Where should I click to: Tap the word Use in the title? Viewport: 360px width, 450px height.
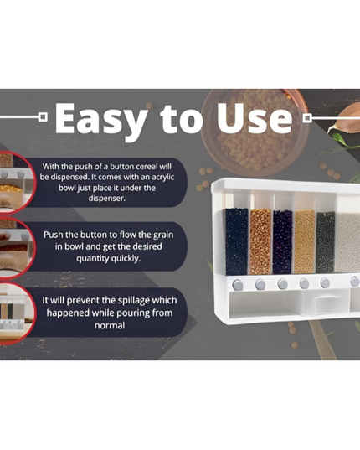click(x=255, y=118)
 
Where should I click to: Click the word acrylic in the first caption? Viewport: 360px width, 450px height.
click(x=162, y=178)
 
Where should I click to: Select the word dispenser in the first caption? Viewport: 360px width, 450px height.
click(x=106, y=199)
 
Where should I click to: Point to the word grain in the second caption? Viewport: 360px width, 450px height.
click(x=163, y=235)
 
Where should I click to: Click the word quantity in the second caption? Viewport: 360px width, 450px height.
click(x=92, y=259)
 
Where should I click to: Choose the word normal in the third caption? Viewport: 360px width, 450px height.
click(x=110, y=326)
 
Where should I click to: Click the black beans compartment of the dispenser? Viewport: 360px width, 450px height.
click(x=237, y=241)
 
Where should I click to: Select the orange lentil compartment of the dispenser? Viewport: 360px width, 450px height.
click(x=260, y=241)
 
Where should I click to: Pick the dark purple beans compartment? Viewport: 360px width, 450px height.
click(x=283, y=242)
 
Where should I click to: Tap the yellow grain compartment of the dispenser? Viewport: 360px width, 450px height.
click(x=305, y=242)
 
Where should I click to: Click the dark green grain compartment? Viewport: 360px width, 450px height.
click(x=326, y=242)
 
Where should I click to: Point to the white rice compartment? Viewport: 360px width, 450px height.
click(x=348, y=242)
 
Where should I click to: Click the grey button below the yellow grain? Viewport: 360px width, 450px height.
click(x=304, y=283)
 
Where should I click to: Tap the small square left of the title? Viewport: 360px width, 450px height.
click(x=43, y=116)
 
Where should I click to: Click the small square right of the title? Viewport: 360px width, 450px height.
click(x=307, y=117)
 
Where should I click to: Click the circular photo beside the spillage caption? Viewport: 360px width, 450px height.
click(x=17, y=314)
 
